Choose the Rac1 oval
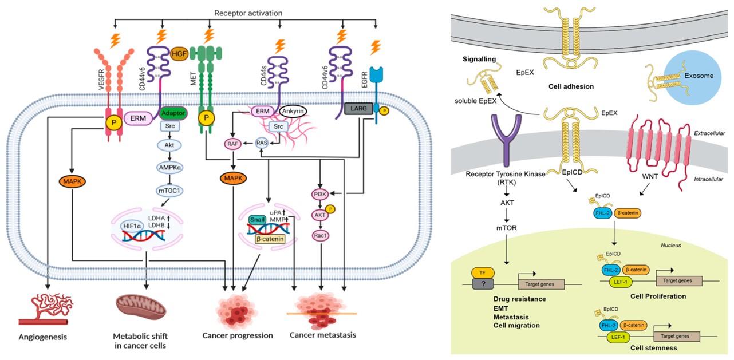(319, 235)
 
